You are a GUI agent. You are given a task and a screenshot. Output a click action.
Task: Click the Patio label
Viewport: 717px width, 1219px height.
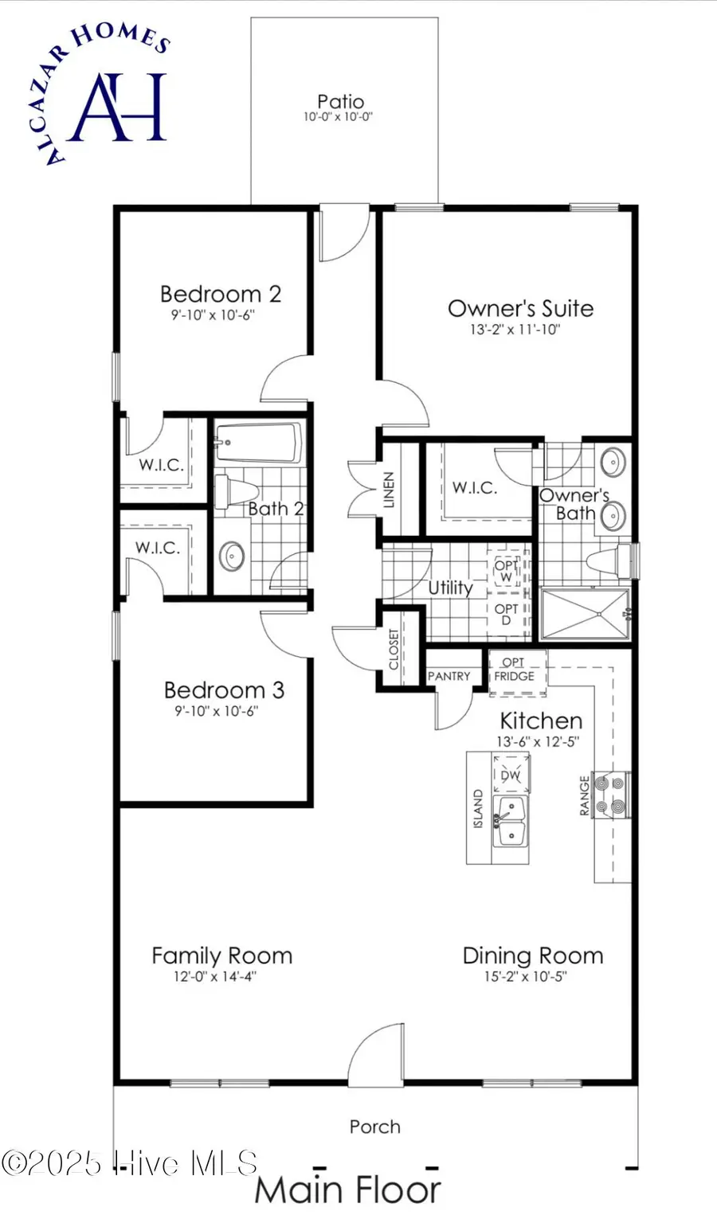340,102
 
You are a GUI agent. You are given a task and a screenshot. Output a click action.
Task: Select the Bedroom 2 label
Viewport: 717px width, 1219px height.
220,294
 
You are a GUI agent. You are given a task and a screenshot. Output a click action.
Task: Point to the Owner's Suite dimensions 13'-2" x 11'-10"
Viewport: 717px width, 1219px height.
515,330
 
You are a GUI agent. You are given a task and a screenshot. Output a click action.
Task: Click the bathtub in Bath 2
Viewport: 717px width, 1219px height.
259,443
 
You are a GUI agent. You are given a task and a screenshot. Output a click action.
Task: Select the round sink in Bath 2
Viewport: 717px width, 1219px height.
232,556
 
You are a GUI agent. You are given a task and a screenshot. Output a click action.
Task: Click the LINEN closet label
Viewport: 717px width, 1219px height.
390,490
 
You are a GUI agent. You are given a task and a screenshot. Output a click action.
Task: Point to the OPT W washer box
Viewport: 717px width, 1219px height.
507,571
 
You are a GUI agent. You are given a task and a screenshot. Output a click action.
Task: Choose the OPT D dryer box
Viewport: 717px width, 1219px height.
507,614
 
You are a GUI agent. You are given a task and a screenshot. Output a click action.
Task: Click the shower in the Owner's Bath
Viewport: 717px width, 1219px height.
585,614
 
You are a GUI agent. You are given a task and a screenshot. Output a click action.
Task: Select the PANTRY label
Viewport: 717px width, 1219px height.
449,676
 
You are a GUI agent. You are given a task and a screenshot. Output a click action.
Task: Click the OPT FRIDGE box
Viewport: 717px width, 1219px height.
515,670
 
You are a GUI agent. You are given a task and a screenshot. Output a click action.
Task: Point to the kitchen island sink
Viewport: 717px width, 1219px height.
510,820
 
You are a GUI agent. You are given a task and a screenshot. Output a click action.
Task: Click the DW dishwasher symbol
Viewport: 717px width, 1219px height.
511,775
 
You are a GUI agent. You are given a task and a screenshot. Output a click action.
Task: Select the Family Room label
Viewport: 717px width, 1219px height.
221,955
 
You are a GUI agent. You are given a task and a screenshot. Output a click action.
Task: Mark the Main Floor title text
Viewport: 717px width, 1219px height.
347,1190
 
